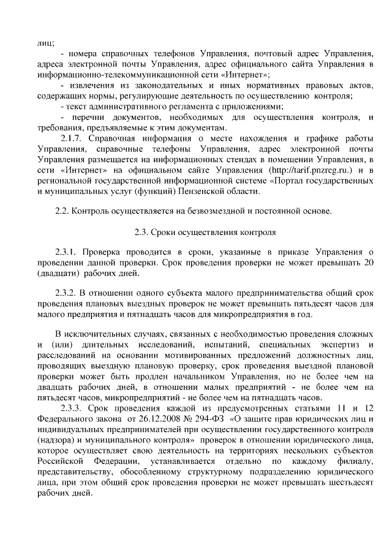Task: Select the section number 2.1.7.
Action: coord(72,138)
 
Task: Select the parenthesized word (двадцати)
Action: coord(59,275)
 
